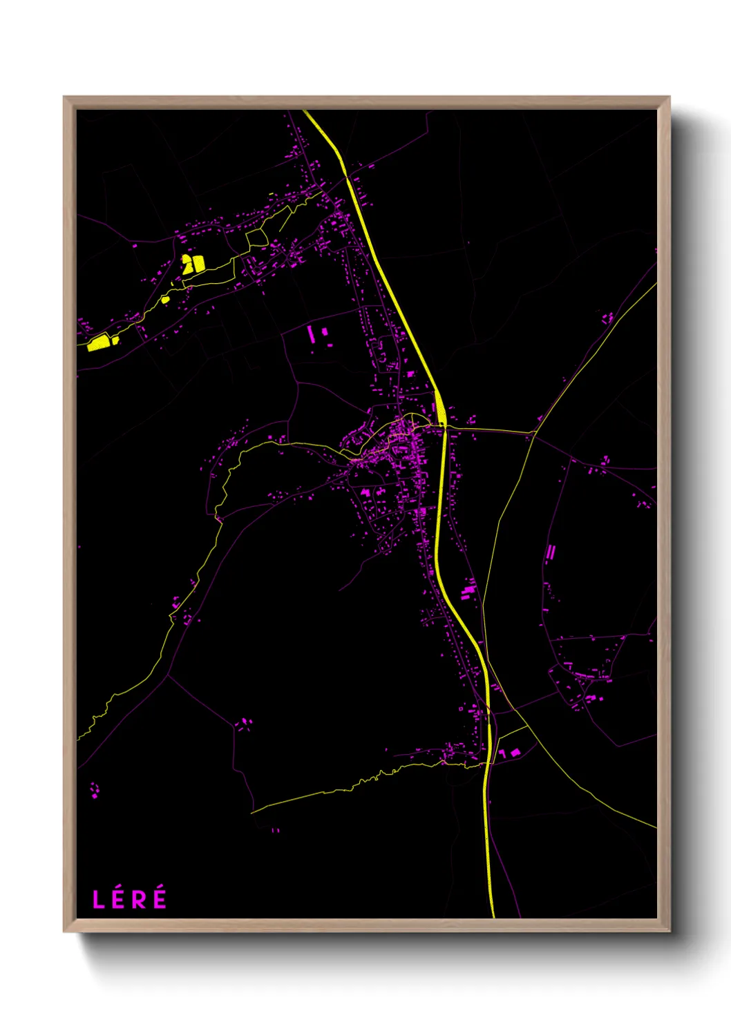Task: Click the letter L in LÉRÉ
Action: pyautogui.click(x=99, y=899)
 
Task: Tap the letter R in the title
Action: pyautogui.click(x=138, y=899)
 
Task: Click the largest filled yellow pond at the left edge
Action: pyautogui.click(x=99, y=343)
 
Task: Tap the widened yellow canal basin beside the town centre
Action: pyautogui.click(x=439, y=408)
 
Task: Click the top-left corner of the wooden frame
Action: pyautogui.click(x=64, y=97)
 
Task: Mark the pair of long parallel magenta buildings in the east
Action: pyautogui.click(x=550, y=553)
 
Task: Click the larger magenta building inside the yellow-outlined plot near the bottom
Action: pyautogui.click(x=515, y=752)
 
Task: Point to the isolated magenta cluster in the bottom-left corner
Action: pyautogui.click(x=95, y=790)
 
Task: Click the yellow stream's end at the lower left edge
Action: pyautogui.click(x=78, y=738)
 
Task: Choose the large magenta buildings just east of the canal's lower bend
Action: pyautogui.click(x=468, y=590)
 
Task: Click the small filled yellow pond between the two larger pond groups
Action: pyautogui.click(x=165, y=300)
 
